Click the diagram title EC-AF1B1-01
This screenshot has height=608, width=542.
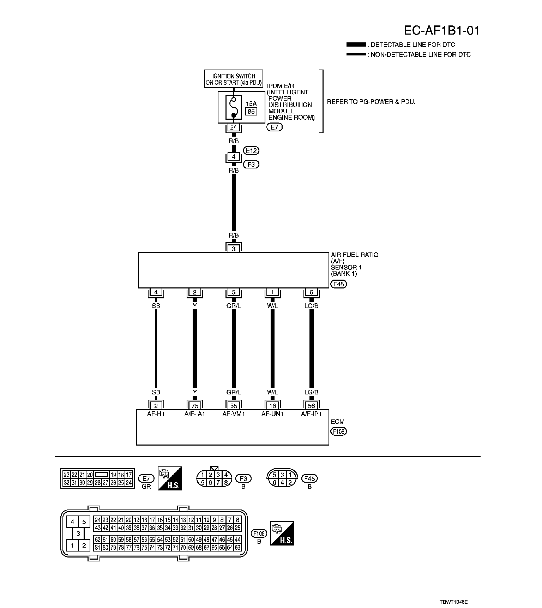point(441,31)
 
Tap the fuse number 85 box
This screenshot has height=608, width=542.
point(251,111)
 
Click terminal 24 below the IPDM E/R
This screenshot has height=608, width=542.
point(233,127)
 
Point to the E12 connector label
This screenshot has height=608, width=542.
point(252,151)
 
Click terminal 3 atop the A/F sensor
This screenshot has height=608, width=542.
point(234,249)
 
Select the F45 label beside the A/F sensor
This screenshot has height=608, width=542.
point(338,284)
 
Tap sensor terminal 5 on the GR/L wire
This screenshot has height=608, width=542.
point(234,292)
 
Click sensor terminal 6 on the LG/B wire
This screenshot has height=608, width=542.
point(311,292)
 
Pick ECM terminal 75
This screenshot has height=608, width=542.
point(195,406)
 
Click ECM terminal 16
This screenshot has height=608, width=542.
point(272,406)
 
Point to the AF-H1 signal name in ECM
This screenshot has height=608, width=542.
point(156,414)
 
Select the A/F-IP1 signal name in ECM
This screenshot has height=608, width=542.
point(311,414)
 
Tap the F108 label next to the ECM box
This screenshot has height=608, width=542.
point(338,431)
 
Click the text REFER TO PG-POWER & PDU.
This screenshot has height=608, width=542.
point(371,102)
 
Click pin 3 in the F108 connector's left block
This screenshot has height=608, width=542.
point(78,534)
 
